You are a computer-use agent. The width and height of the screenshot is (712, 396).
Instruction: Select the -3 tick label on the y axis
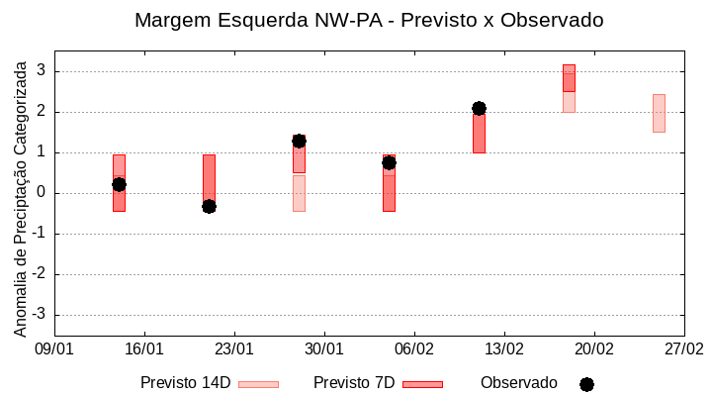40,315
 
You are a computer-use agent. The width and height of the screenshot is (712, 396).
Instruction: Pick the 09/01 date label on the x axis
54,349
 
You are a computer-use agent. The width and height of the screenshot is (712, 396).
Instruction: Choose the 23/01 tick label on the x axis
234,349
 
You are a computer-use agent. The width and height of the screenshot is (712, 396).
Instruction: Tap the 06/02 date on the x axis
414,349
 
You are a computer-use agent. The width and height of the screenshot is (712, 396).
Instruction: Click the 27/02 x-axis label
684,349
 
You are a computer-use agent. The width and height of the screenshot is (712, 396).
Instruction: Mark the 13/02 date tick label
504,349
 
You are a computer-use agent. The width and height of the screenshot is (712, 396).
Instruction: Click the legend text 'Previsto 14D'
185,383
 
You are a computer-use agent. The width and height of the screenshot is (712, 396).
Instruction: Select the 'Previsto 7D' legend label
354,383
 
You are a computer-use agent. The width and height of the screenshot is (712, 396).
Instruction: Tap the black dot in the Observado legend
586,384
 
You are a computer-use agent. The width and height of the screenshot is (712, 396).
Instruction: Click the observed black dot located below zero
209,206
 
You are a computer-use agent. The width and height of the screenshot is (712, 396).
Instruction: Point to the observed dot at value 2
479,108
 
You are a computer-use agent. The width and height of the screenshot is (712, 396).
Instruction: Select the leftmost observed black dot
119,184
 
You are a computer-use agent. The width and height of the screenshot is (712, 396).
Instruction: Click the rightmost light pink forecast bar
659,113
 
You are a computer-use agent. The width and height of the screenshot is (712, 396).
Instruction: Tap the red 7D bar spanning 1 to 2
479,133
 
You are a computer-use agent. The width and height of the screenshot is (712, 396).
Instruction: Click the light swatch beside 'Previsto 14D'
259,384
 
